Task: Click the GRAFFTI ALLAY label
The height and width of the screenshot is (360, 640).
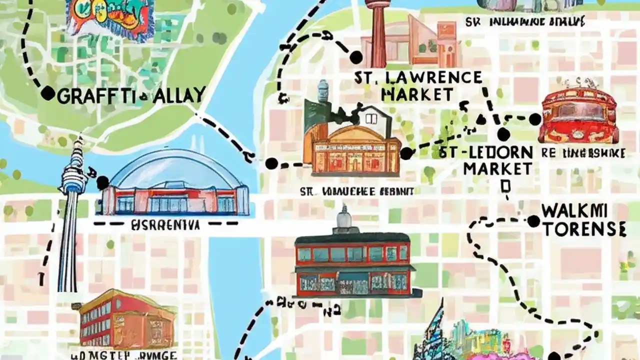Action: point(131,95)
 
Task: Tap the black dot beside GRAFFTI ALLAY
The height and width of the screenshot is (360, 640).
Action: point(47,93)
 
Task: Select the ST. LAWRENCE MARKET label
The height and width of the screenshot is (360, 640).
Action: point(417,85)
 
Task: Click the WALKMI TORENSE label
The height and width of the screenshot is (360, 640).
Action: point(584,220)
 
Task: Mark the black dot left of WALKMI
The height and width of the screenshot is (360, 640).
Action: point(533,220)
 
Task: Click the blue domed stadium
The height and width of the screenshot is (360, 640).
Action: point(175,182)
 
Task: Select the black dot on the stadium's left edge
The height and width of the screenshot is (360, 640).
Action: point(103,183)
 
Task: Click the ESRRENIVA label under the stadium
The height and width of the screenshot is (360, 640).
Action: point(165,225)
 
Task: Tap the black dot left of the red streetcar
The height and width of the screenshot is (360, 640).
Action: point(535,119)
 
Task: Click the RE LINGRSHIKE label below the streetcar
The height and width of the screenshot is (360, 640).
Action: point(584,153)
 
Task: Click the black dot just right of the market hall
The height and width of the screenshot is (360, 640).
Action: point(406,153)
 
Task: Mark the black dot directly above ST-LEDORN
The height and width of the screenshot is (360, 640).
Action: point(503,134)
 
